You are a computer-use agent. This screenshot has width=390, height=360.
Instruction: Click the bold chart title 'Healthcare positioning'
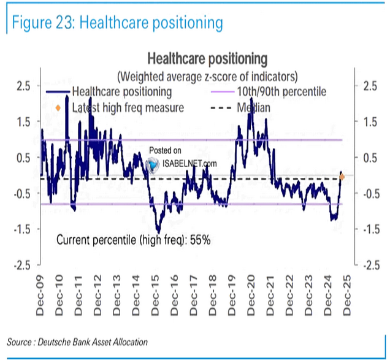207,59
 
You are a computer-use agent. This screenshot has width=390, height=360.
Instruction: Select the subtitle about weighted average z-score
207,76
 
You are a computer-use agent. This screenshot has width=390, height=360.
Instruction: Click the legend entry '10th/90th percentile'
281,92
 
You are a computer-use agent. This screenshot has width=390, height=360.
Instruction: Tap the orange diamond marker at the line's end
342,177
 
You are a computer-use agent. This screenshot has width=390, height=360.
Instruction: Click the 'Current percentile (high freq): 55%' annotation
133,240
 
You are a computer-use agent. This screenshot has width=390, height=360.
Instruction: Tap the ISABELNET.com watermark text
189,164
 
